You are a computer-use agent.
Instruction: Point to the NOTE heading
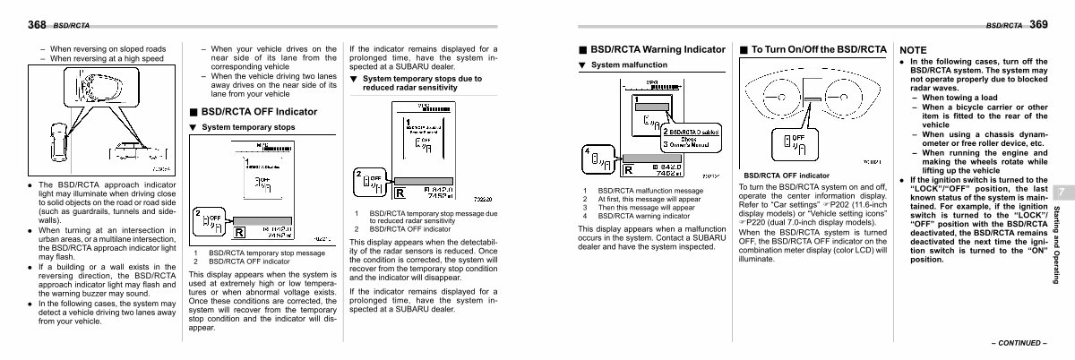pyautogui.click(x=914, y=50)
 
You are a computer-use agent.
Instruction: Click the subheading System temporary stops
pyautogui.click(x=247, y=127)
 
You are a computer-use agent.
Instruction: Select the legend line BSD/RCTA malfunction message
pyautogui.click(x=650, y=191)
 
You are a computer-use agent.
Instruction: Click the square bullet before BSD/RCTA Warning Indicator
pyautogui.click(x=582, y=50)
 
